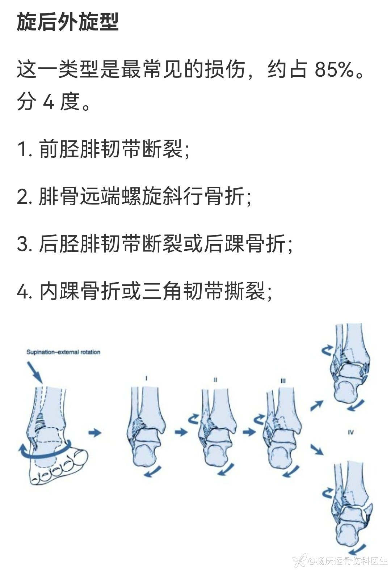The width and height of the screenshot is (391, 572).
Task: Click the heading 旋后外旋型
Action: (67, 22)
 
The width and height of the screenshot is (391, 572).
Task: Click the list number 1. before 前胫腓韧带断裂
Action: (25, 149)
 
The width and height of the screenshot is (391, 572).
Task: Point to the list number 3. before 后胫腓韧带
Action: (25, 244)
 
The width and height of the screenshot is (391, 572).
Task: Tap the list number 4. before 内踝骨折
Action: (25, 292)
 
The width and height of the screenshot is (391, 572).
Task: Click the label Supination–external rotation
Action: (63, 352)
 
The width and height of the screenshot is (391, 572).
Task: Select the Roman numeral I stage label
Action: (146, 378)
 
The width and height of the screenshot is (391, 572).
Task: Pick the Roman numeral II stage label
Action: (215, 380)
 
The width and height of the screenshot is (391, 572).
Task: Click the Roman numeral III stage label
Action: (283, 381)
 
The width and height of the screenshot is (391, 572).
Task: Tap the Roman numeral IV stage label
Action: (350, 432)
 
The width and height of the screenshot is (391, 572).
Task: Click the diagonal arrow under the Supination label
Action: (35, 373)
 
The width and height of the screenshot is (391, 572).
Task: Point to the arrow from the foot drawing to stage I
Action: (95, 433)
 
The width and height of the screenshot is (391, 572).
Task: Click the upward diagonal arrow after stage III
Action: (317, 406)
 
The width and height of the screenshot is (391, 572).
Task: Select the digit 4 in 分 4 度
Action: (49, 102)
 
